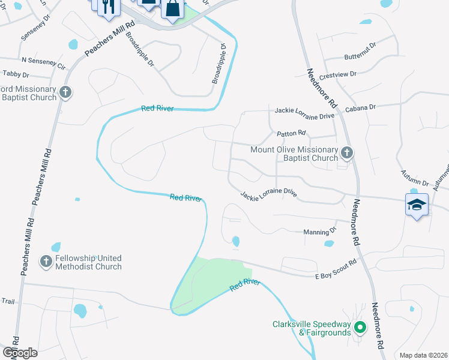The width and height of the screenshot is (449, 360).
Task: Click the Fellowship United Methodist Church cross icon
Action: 46,261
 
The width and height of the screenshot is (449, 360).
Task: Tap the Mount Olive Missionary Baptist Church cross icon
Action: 346,153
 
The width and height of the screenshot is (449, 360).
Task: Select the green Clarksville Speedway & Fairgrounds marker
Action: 360,328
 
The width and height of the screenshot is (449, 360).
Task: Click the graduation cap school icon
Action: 417,204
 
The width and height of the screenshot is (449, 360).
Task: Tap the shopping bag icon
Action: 172,9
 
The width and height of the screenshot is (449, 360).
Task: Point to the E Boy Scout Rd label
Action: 336,266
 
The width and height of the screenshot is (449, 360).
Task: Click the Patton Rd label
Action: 291,133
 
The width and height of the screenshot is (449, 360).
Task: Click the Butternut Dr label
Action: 360,57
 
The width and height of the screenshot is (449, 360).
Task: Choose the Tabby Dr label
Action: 16,74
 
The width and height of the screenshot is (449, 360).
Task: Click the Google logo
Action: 19,352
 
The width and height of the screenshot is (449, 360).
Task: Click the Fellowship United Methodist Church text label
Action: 88,262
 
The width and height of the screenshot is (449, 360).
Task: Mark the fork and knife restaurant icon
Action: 108,6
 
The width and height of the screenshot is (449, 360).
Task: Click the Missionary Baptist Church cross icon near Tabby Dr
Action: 65,92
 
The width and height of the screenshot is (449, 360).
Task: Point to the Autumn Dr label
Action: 415,178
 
